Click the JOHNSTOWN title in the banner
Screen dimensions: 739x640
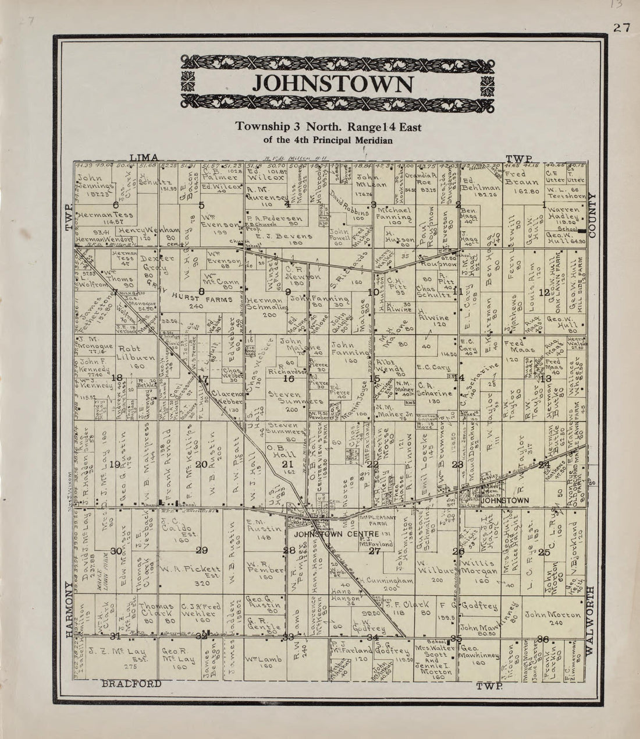(x=333, y=83)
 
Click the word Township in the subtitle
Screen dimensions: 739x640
(x=259, y=126)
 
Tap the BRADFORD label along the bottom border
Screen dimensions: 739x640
(x=131, y=684)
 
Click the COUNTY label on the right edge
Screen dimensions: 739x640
(x=593, y=214)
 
